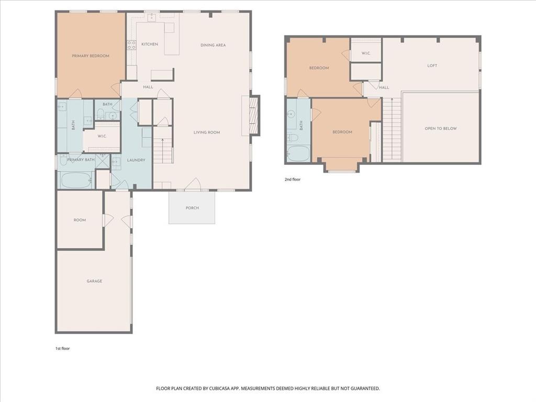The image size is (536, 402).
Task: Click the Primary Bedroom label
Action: pyautogui.click(x=91, y=55)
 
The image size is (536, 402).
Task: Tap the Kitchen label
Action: pyautogui.click(x=149, y=44)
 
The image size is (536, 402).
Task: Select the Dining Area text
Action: pyautogui.click(x=213, y=45)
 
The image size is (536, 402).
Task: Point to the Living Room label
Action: pyautogui.click(x=207, y=132)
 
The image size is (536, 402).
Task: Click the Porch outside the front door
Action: pyautogui.click(x=192, y=208)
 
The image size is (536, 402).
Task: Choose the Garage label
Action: pyautogui.click(x=94, y=281)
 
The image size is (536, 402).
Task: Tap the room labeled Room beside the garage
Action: pyautogui.click(x=80, y=220)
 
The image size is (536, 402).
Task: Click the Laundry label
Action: pyautogui.click(x=136, y=160)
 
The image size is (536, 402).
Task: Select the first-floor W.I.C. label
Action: pyautogui.click(x=102, y=136)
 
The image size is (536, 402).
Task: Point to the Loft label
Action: pyautogui.click(x=432, y=65)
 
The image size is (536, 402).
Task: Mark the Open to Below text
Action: pyautogui.click(x=441, y=128)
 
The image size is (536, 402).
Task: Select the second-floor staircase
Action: pyautogui.click(x=392, y=129)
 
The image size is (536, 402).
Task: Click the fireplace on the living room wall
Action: pyautogui.click(x=253, y=116)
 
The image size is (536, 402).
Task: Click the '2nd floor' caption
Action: pyautogui.click(x=293, y=179)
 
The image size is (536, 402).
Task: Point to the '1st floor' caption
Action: pyautogui.click(x=62, y=348)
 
